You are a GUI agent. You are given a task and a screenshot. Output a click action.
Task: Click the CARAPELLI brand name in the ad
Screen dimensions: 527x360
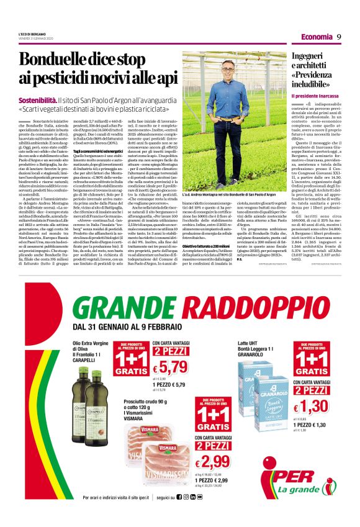click(x=86, y=358)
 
